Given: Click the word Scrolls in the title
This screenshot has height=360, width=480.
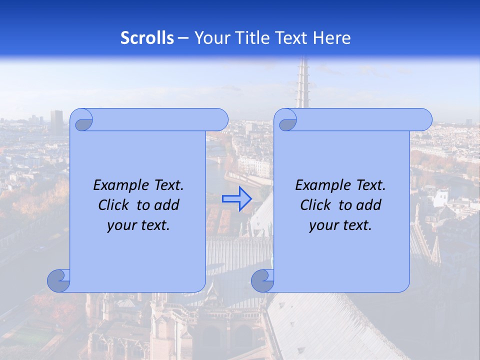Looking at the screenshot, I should (x=147, y=38).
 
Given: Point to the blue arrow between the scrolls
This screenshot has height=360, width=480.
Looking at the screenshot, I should (x=236, y=199).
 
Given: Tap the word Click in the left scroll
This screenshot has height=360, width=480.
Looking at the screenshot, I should (x=113, y=205).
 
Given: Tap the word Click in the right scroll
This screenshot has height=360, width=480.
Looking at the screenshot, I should (x=315, y=205).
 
